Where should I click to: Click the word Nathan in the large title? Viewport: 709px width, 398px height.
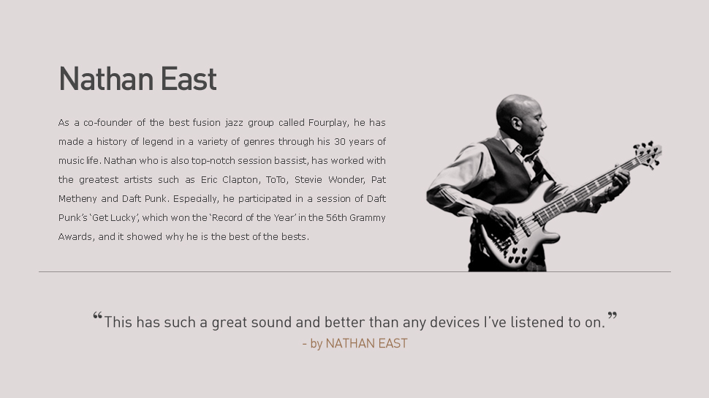[106, 79]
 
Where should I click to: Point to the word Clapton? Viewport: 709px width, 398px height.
[241, 180]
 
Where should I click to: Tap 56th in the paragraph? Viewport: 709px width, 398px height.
[336, 218]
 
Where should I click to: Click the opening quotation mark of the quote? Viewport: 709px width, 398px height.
[98, 315]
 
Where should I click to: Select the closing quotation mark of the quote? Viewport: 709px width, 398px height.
[613, 315]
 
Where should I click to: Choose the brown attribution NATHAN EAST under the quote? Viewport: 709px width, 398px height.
[367, 344]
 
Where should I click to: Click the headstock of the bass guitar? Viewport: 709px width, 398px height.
[648, 153]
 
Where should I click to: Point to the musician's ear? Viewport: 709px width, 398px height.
[516, 123]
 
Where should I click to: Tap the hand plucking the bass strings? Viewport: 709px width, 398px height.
[503, 219]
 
